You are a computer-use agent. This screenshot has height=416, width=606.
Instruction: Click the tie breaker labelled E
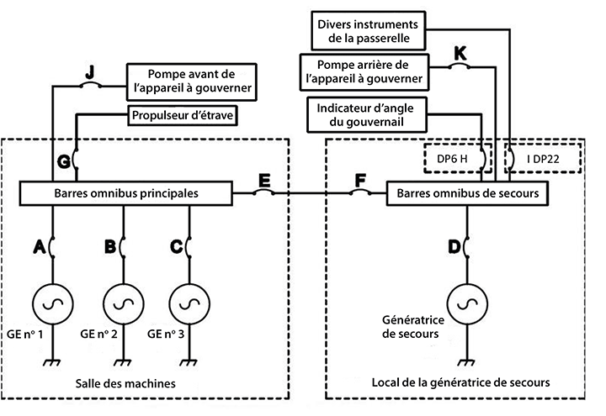264,193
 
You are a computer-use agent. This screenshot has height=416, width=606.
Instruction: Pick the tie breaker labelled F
359,193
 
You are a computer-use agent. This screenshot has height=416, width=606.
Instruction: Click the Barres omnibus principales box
125,193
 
